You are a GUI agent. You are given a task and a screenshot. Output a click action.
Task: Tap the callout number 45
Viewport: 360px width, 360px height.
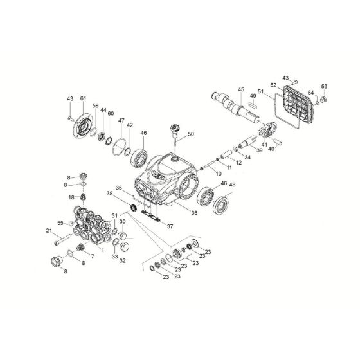[x=241, y=90]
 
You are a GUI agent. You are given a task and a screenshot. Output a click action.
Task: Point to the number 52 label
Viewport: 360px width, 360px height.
[x=291, y=85]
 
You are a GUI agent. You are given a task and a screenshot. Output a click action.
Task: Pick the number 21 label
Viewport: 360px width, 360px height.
[x=48, y=231]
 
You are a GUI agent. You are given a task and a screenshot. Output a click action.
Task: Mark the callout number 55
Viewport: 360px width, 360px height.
[x=61, y=222]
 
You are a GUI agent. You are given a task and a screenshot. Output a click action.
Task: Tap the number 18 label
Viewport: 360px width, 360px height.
[x=72, y=197]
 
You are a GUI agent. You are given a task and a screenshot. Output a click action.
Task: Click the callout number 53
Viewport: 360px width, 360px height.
[x=324, y=85]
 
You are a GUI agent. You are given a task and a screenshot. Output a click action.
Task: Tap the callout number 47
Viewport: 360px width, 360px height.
[x=121, y=120]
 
